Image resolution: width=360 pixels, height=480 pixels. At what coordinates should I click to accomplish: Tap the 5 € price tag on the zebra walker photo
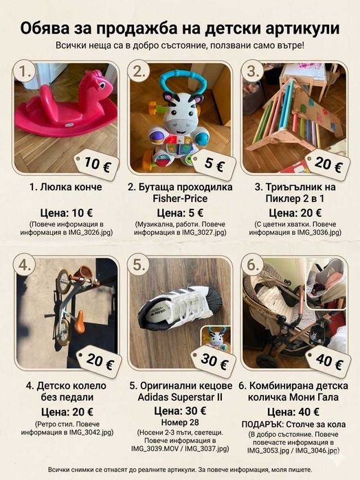214,164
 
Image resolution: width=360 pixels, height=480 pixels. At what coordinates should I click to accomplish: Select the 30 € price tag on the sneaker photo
214,361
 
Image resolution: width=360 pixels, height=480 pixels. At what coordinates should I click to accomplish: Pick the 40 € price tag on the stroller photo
328,361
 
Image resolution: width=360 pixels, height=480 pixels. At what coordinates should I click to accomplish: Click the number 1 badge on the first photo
25,71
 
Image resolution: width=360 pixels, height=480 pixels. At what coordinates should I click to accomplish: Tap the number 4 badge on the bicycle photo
25,265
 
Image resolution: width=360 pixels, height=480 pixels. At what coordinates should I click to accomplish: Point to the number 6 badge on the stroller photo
253,265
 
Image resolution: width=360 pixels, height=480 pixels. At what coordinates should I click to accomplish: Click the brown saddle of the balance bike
79,321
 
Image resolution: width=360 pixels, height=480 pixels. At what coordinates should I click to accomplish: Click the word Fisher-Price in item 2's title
180,198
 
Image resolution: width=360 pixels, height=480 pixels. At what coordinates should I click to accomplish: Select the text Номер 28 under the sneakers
180,422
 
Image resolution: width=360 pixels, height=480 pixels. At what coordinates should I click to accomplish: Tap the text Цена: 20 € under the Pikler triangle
295,213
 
